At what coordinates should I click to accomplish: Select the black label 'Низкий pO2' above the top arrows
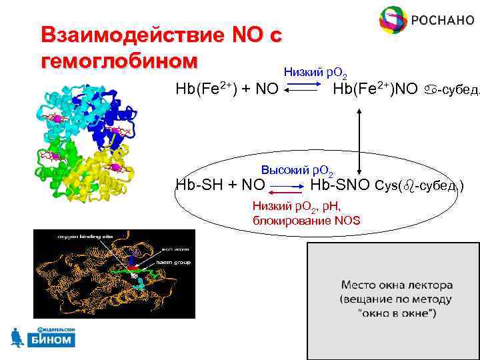tap(315, 71)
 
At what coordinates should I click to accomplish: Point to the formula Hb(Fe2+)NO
tap(375, 89)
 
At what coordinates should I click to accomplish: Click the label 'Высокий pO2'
tap(298, 171)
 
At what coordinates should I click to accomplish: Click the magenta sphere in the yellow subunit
tap(115, 167)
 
